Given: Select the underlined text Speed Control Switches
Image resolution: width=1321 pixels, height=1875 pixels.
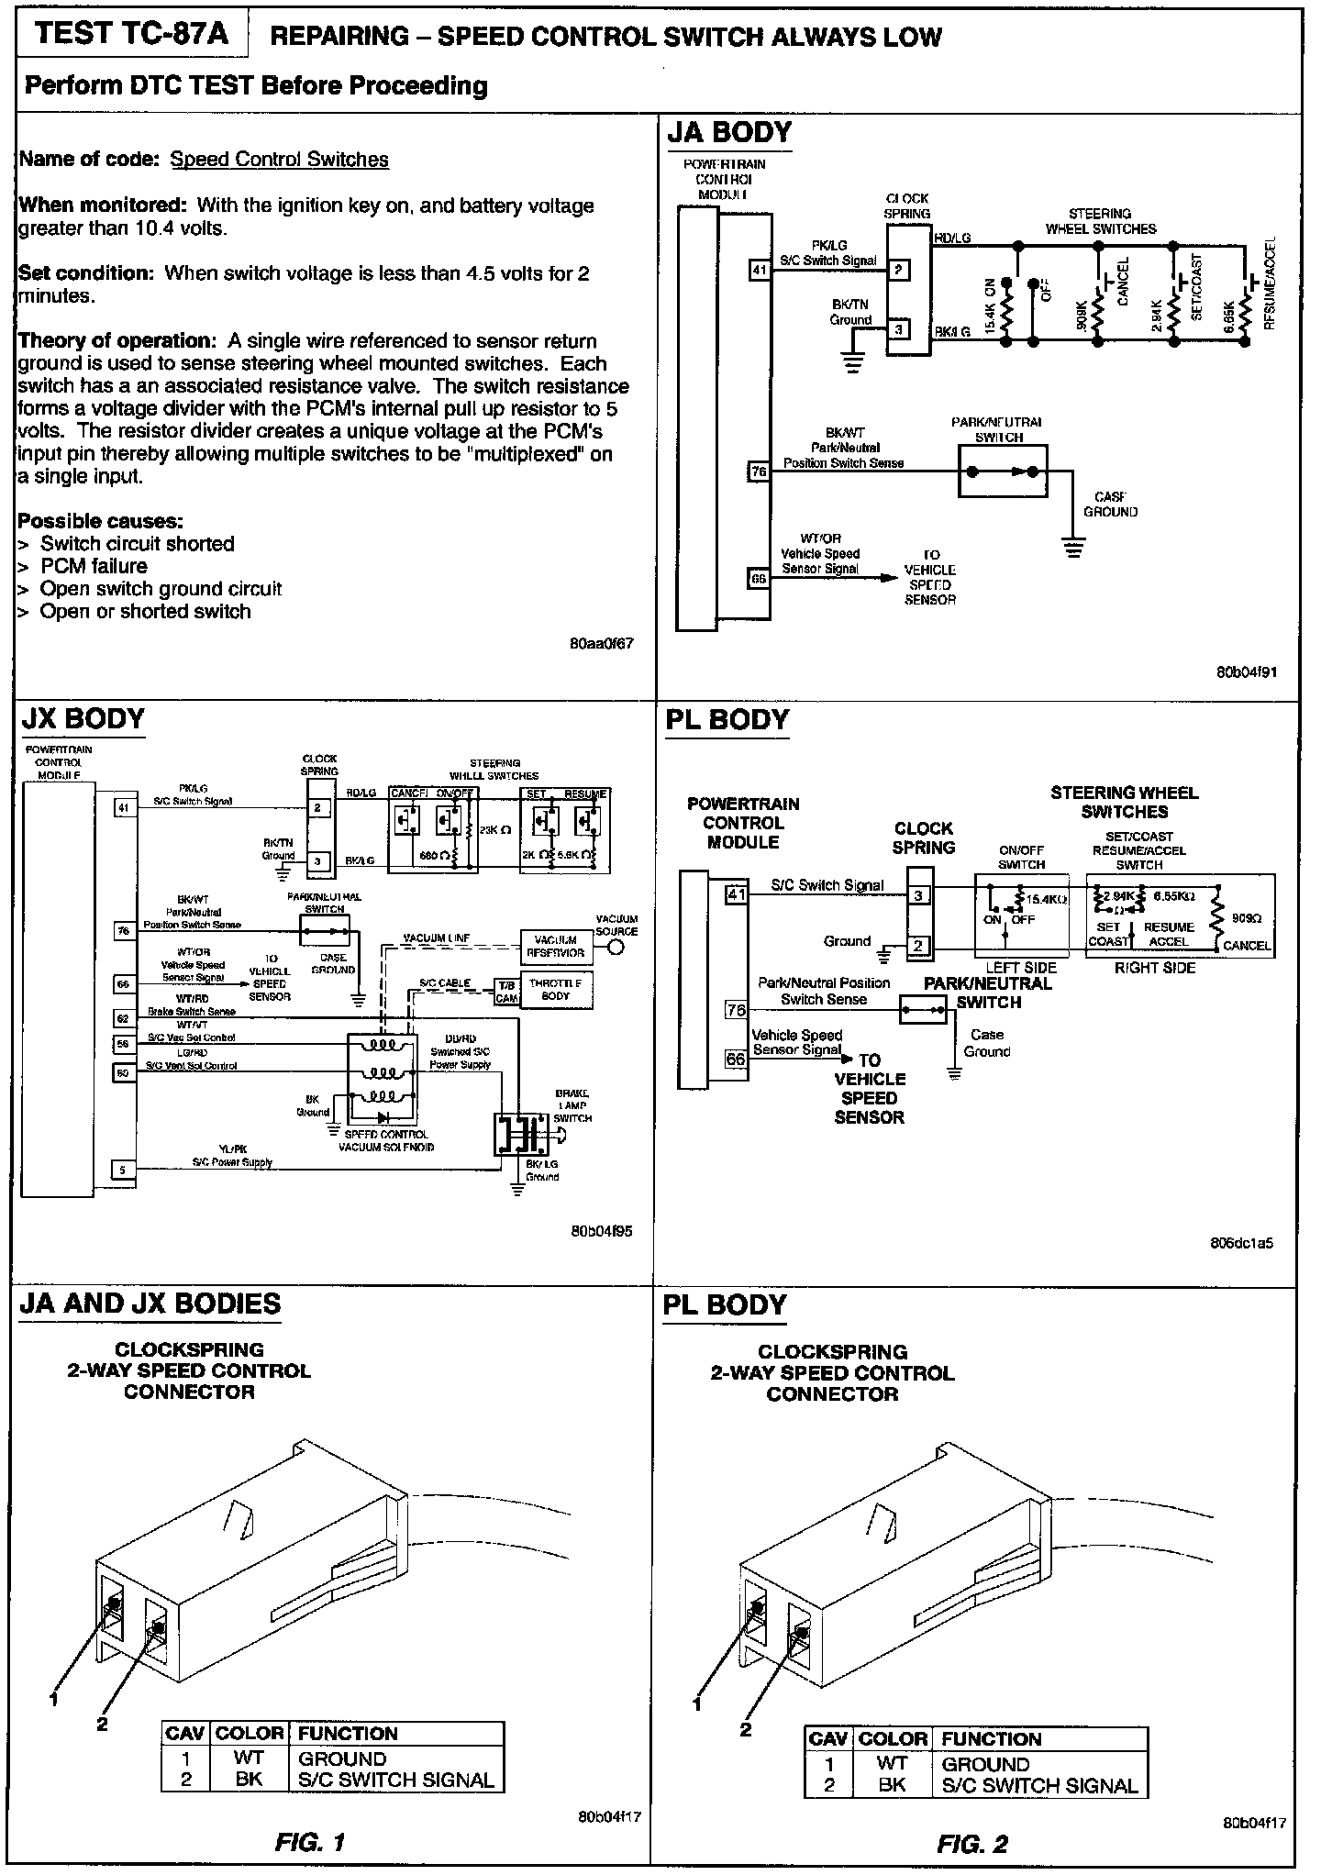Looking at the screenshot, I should [279, 160].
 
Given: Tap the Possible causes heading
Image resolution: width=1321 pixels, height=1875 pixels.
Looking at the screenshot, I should [100, 521].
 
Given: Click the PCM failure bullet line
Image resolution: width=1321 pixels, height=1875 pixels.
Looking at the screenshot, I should [94, 566].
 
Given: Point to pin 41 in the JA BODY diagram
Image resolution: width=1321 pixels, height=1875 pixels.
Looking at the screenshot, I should [759, 270].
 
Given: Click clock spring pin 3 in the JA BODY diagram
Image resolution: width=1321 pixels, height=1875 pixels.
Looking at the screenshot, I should [900, 329].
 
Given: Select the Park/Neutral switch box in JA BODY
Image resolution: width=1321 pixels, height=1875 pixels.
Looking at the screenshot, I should [1003, 472].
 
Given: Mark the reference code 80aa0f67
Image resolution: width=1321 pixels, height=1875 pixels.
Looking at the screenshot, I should [601, 644].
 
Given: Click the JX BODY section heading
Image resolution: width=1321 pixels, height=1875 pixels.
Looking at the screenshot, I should [83, 718].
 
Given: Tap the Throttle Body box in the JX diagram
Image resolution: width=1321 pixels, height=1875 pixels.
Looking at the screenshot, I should [555, 990].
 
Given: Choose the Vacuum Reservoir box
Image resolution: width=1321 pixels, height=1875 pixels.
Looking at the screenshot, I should [555, 946].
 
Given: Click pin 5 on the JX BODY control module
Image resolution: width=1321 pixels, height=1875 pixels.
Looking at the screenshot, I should [123, 1169].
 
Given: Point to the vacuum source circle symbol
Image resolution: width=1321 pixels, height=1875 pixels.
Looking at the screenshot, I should [616, 948].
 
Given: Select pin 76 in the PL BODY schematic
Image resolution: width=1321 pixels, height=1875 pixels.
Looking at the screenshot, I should [736, 1010].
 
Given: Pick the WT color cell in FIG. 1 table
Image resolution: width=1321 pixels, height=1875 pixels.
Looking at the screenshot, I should [248, 1757].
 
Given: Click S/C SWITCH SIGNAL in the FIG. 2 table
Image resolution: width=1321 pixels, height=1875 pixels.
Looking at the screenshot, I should [1039, 1786].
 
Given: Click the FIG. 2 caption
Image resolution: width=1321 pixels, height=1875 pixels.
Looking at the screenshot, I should [972, 1843].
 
